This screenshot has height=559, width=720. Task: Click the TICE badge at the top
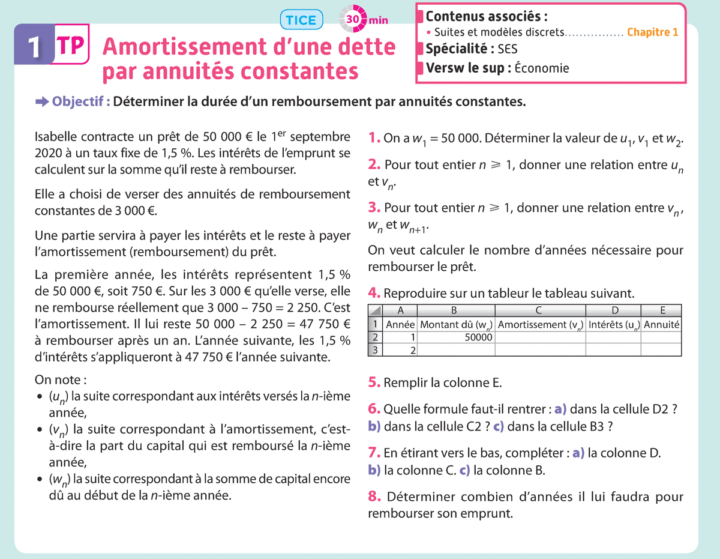[301, 20]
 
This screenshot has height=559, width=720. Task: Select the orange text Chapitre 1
[653, 32]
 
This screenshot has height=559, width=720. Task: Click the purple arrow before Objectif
[42, 102]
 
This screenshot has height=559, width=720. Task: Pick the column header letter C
[539, 310]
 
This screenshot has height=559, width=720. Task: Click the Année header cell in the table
[401, 324]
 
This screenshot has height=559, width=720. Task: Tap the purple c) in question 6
[497, 427]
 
